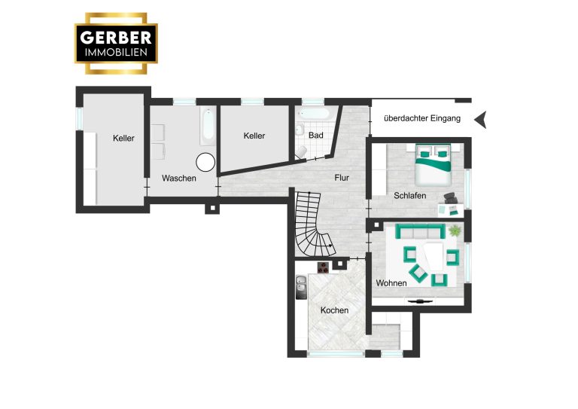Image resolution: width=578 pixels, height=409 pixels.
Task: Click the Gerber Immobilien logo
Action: tap(116, 44)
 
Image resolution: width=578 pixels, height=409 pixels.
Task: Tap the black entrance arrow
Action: tap(480, 120)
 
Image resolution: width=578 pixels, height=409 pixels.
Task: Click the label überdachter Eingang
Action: tap(422, 118)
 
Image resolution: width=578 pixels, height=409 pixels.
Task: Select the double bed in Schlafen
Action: tap(433, 165)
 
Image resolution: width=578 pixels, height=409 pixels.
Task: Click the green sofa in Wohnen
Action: tap(420, 231)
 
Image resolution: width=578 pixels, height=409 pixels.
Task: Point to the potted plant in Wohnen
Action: tap(455, 230)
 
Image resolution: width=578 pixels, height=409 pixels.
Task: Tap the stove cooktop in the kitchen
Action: tap(323, 267)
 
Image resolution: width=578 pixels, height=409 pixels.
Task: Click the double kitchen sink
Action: tap(301, 287)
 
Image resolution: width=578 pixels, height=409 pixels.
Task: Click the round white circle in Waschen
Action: tap(205, 162)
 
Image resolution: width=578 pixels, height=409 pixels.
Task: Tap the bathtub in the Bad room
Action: tap(314, 113)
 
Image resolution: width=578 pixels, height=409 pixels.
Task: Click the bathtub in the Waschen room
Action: tap(208, 125)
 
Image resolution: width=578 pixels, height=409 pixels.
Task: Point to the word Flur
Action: tap(342, 178)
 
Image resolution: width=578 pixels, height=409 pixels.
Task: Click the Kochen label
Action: tap(334, 310)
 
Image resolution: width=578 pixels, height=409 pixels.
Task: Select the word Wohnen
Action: tap(391, 283)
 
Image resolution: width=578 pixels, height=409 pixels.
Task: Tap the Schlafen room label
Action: tap(410, 196)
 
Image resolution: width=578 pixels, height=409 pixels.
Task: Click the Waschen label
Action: tap(179, 178)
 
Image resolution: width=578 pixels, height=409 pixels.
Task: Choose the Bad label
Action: tap(316, 136)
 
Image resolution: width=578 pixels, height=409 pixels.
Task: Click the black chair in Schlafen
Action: tap(450, 198)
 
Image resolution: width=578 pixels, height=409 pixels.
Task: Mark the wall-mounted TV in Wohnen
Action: tap(419, 301)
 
